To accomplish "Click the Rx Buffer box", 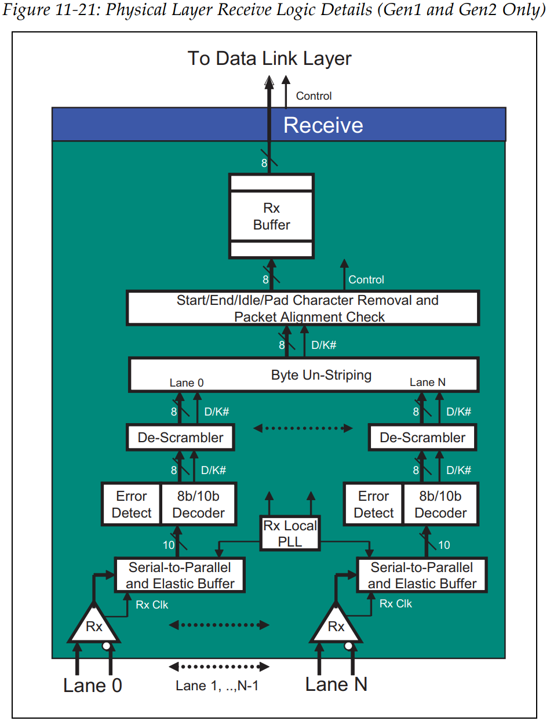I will [271, 216].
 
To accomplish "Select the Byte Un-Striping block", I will [303, 375].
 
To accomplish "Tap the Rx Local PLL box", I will [290, 534].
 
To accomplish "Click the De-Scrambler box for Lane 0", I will [180, 438].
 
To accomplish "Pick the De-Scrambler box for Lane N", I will [422, 438].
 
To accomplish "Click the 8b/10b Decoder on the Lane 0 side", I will [198, 504].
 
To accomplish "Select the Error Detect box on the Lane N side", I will [373, 504].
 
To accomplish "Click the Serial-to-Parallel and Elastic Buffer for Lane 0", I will [180, 575].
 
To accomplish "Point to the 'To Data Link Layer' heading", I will [269, 59].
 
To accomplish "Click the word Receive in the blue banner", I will [323, 125].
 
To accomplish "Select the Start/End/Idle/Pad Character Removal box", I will [303, 308].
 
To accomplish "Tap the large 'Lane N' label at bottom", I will [336, 684].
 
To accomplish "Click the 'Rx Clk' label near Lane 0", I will [152, 605].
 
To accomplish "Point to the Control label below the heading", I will [314, 96].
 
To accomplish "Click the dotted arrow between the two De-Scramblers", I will [303, 429].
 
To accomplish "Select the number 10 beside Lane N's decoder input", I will [444, 545].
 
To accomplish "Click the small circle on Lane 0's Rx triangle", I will [106, 646].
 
